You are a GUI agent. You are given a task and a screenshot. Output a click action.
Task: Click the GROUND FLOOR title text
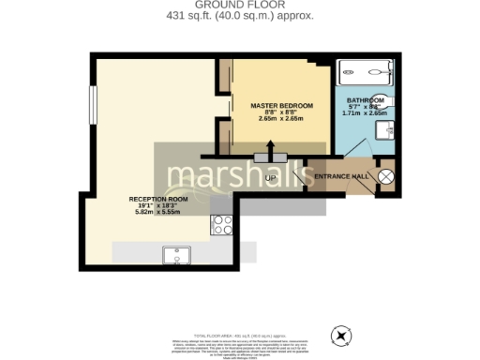[x=240, y=5]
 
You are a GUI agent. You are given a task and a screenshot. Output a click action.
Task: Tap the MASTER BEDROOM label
[x=281, y=106]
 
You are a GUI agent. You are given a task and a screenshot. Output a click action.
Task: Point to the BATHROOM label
[x=364, y=99]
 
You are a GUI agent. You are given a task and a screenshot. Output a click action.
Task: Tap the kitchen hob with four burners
[x=223, y=225]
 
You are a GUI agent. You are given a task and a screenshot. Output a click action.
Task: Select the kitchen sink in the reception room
[x=176, y=253]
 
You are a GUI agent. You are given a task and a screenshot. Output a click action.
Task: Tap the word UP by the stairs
[x=271, y=177]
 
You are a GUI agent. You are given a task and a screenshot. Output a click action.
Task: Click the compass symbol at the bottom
[x=340, y=336]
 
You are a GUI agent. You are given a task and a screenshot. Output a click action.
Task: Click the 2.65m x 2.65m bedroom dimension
[x=281, y=119]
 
